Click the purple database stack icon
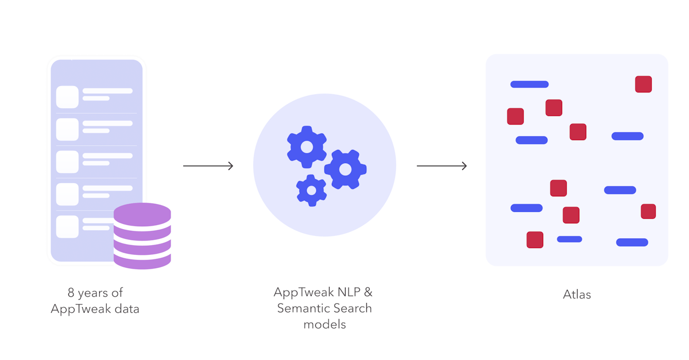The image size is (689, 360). (142, 236)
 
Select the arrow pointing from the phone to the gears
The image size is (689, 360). (208, 166)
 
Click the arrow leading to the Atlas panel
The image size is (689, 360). (442, 166)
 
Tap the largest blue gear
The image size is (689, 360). (307, 146)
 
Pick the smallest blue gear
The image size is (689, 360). (311, 190)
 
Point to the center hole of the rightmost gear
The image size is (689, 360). (345, 169)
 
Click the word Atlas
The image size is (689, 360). (576, 295)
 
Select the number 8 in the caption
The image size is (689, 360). (71, 293)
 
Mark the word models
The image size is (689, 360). (324, 324)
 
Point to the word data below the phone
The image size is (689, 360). (126, 309)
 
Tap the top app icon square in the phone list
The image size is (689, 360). (67, 96)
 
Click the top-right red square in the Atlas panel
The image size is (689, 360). (643, 84)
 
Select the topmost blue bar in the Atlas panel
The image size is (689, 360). (529, 84)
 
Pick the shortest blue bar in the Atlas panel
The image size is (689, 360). (569, 239)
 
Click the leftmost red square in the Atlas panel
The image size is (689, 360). (515, 116)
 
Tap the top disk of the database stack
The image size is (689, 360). (142, 214)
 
